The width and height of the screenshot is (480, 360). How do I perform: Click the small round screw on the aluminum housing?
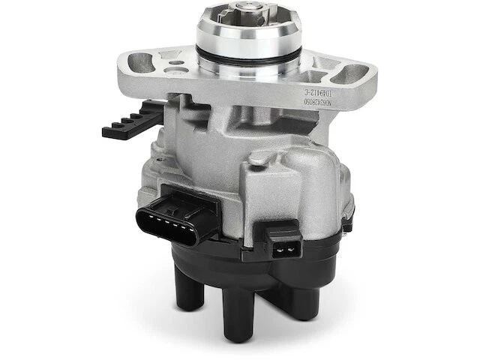(x=257, y=158)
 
